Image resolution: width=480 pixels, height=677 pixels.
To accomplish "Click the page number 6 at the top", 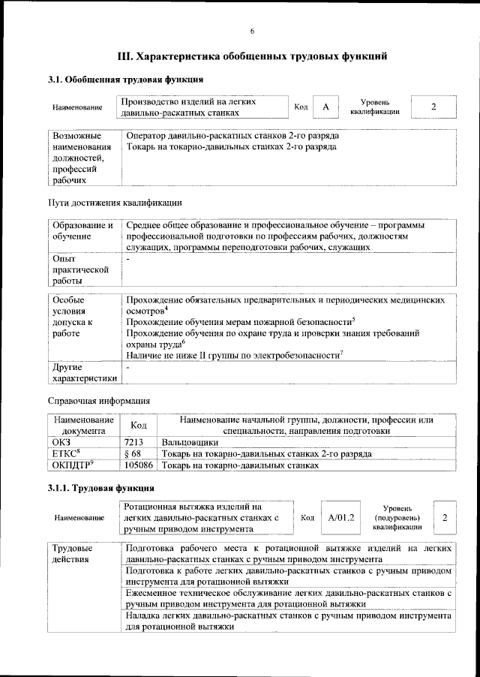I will click(252, 30).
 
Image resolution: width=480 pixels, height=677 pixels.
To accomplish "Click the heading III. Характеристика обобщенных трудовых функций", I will click(253, 56).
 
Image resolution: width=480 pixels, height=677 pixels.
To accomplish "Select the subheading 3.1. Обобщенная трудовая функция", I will click(124, 80).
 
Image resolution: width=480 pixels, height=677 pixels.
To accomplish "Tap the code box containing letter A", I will click(325, 107).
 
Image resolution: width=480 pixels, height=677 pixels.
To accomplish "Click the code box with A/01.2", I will click(340, 518).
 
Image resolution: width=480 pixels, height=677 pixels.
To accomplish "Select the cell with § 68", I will click(133, 454).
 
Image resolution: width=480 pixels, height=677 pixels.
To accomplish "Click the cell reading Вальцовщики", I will click(190, 443).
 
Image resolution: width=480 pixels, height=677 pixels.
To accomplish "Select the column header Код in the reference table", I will click(139, 426).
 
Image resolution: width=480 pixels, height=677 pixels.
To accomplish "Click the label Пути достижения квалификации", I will click(114, 203).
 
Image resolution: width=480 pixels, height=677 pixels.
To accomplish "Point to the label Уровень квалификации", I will click(374, 107).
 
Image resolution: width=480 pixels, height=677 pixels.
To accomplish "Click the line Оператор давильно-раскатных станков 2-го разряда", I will click(232, 136).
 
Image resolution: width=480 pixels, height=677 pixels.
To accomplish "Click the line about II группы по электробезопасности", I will click(235, 354).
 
